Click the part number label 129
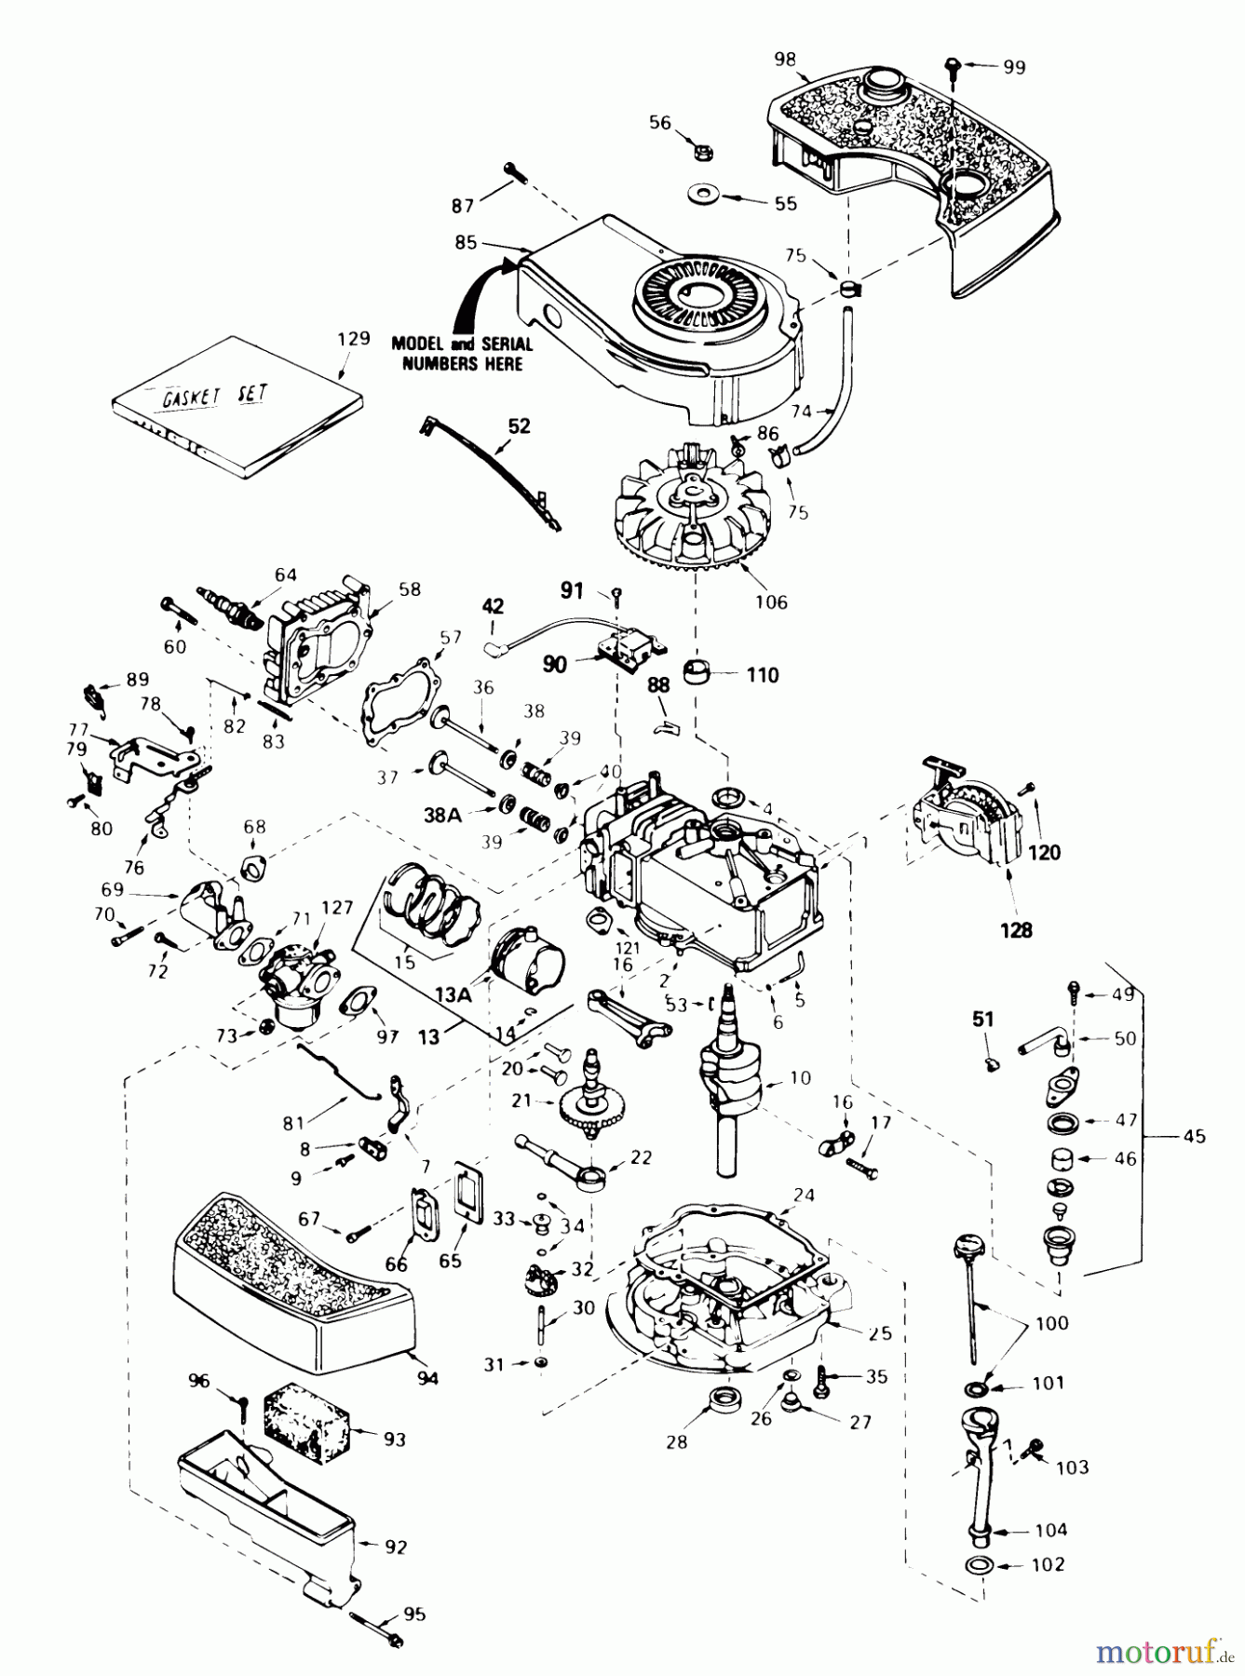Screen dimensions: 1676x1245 355,339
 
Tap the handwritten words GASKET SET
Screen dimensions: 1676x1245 215,396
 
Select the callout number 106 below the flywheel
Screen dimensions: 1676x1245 771,601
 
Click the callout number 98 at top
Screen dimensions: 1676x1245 785,59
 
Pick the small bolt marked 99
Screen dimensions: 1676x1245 952,65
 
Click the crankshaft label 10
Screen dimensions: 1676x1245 800,1078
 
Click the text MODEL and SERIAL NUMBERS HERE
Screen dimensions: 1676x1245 462,353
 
